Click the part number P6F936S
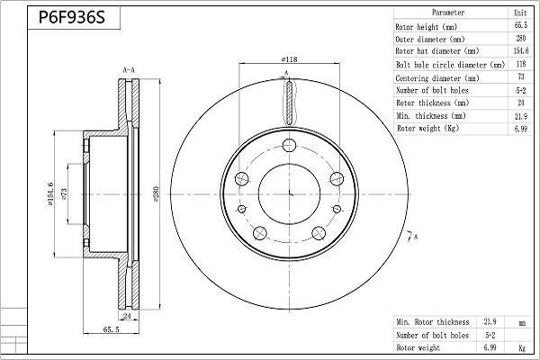coord(72,17)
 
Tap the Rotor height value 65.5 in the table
coord(521,25)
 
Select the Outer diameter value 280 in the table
coord(521,38)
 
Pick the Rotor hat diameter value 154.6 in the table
coord(521,51)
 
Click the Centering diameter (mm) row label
coord(437,78)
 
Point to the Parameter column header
coord(448,13)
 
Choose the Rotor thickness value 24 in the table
coord(521,103)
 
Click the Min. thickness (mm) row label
coord(431,116)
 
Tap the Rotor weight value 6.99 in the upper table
coord(521,129)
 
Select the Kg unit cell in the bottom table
coord(522,348)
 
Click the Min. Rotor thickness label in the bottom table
coord(433,322)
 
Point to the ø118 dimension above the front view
coord(289,59)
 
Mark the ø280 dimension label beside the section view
coord(156,193)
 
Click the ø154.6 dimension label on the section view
coord(50,194)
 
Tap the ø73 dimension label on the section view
coord(64,193)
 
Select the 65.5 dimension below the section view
coord(111,329)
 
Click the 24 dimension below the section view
coord(127,316)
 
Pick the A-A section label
coord(129,70)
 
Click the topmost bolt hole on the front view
coord(289,145)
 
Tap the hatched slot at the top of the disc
coord(289,101)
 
